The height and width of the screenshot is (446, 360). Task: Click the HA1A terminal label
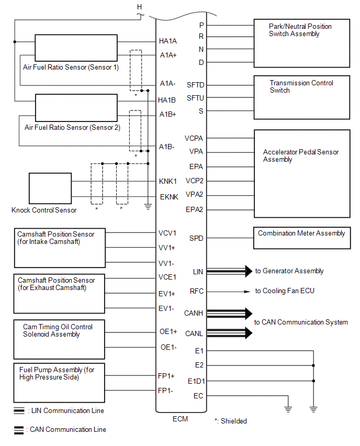(168, 41)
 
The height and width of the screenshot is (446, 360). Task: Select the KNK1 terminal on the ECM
(168, 182)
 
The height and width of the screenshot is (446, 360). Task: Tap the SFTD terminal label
(195, 85)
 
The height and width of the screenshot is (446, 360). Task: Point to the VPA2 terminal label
(195, 194)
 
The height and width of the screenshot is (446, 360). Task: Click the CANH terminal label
(194, 314)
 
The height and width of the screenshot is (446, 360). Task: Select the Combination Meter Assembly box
(301, 237)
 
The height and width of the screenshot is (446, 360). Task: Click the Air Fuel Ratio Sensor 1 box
(76, 48)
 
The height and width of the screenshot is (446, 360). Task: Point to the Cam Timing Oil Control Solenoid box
(60, 339)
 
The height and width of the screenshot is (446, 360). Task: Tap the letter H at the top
(139, 6)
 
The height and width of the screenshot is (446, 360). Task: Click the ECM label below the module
(180, 419)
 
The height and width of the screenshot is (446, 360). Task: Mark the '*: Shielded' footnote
(231, 421)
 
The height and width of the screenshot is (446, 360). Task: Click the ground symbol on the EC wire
(288, 409)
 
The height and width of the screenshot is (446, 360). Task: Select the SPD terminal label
(196, 238)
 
